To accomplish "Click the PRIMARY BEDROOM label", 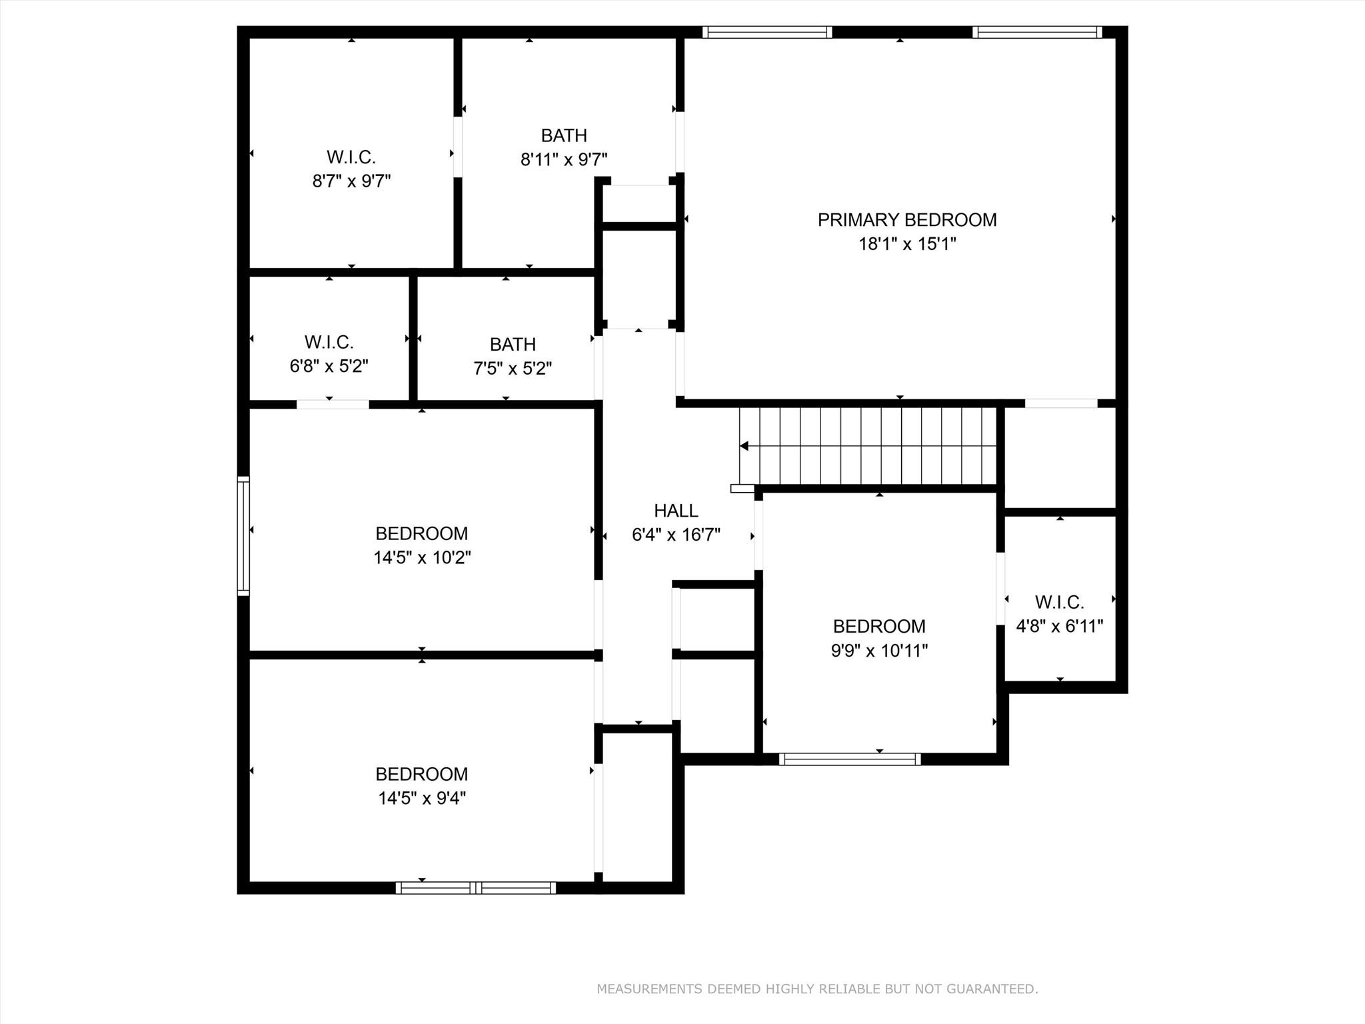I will (906, 220).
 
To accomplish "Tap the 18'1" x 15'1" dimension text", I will (906, 244).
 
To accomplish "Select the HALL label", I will (676, 511).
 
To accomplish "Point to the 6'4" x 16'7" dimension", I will (676, 535).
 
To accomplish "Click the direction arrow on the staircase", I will (744, 446).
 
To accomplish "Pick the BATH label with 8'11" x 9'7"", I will (564, 135).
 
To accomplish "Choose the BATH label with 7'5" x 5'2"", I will (513, 344).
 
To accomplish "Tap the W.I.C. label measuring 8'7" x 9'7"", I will (351, 157).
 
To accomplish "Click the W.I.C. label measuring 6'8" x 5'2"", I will (329, 342).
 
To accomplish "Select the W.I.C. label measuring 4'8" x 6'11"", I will (1059, 602).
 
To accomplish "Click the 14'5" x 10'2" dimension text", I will (422, 557).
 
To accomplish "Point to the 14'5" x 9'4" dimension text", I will (422, 798).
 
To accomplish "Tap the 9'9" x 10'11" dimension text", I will (879, 651).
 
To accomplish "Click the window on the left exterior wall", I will (243, 535).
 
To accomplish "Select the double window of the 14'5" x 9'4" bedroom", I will (475, 887).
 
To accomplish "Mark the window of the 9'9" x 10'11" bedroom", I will (850, 759).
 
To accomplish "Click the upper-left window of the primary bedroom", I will (767, 32).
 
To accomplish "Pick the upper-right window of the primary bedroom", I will (1037, 32).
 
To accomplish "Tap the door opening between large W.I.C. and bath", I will (458, 147).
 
